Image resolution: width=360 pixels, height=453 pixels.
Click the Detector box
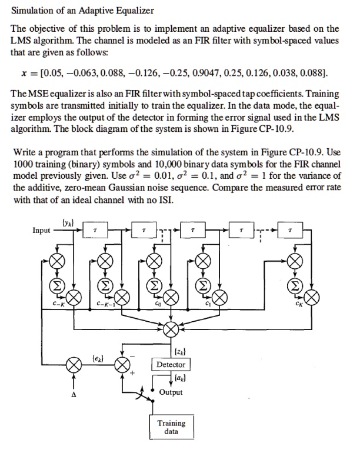click(171, 365)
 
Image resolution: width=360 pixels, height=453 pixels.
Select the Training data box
click(171, 427)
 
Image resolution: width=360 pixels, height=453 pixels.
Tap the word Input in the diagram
click(41, 231)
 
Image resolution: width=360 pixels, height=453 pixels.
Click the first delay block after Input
click(93, 232)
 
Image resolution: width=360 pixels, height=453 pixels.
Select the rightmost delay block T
click(290, 232)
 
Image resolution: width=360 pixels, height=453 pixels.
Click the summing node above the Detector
click(171, 327)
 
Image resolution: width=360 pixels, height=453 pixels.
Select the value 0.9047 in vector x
click(206, 72)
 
